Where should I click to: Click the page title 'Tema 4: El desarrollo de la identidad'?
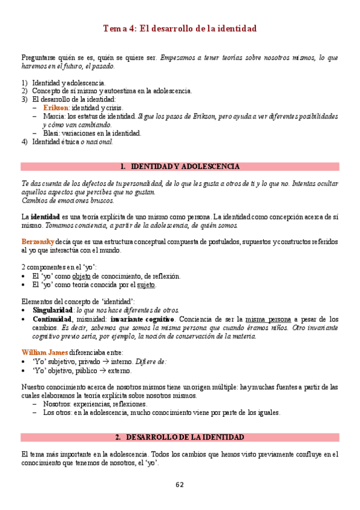point(180,28)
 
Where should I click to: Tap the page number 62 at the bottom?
point(180,485)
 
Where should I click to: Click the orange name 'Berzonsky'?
point(38,242)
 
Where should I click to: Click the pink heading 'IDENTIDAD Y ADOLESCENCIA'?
point(185,167)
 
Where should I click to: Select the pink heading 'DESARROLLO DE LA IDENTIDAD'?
point(185,437)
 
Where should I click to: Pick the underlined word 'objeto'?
point(90,276)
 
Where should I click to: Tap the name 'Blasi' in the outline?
point(50,133)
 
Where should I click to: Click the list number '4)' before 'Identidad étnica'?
point(24,142)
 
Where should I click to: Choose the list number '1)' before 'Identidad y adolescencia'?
point(24,82)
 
